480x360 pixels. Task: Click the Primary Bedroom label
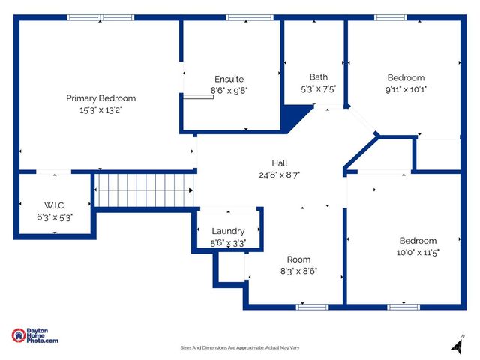pos(100,98)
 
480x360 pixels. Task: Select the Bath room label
pos(319,76)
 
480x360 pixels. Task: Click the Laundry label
pos(228,231)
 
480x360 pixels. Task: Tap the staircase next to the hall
pos(145,190)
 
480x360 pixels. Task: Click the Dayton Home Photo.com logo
pos(35,336)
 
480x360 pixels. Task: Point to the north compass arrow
pos(455,345)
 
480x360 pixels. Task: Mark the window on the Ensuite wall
pos(240,17)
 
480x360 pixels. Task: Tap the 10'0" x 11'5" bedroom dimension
pos(418,252)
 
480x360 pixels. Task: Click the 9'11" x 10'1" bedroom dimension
pos(406,88)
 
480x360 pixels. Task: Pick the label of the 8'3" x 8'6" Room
pos(298,259)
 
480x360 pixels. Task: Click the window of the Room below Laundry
pos(312,306)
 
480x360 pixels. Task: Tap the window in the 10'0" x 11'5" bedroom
pos(403,306)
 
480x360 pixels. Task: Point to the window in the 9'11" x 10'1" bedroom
pos(391,17)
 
